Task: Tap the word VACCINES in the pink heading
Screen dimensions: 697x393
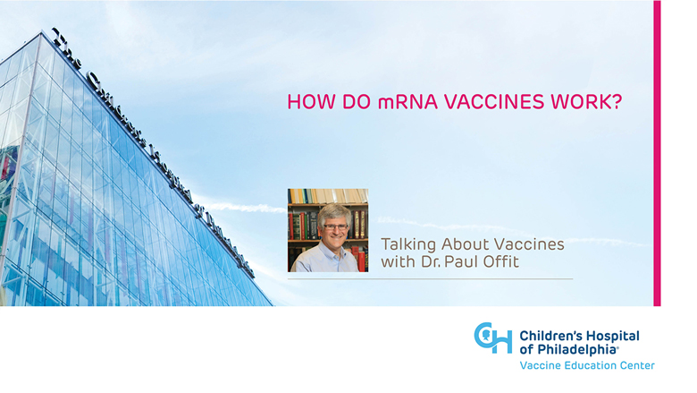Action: coord(494,102)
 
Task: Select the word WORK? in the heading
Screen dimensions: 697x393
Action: coord(586,102)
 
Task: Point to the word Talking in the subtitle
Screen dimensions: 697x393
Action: coord(408,244)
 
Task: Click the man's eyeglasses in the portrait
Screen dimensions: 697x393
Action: coord(336,227)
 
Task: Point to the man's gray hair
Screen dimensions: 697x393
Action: coord(335,212)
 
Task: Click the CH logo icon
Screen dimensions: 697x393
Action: coord(492,337)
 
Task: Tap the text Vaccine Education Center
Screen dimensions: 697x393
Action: coord(587,365)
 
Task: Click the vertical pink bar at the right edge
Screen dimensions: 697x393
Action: coord(657,153)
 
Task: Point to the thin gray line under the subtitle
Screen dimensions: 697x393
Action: coord(431,279)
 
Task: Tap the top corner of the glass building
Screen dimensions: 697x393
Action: coord(42,31)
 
